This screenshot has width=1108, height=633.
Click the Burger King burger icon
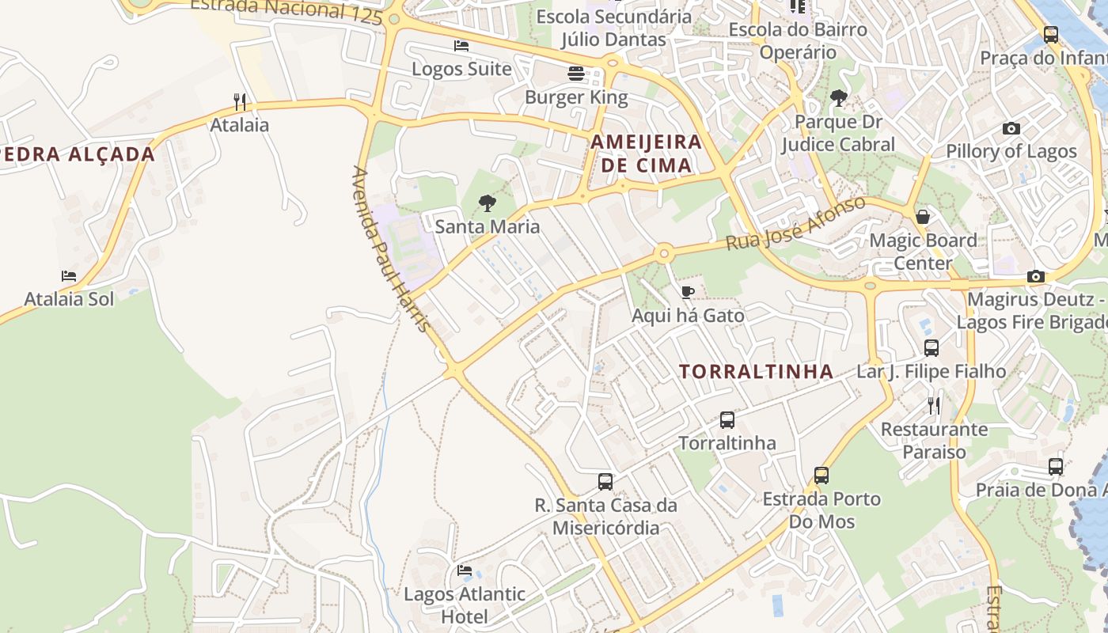576,74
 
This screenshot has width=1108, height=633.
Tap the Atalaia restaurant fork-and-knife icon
240,101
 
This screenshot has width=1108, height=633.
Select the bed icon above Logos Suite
461,46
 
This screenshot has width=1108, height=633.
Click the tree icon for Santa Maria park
488,203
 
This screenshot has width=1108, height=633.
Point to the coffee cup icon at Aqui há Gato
688,293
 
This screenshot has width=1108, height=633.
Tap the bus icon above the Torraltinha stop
727,420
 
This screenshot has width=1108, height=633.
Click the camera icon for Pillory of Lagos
1011,128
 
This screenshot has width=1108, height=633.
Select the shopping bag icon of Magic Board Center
922,217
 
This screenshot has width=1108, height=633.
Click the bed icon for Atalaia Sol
69,276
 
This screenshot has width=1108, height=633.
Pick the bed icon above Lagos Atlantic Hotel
465,570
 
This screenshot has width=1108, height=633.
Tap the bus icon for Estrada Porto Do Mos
822,476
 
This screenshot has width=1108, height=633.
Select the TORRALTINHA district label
756,371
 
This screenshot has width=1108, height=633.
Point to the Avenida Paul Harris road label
392,249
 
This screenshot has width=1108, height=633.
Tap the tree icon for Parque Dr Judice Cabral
838,99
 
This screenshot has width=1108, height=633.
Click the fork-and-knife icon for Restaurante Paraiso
934,406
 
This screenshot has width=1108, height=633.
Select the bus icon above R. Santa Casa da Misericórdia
605,482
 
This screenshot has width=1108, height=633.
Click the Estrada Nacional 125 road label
286,9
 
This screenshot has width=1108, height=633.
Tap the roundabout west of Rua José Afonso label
663,254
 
